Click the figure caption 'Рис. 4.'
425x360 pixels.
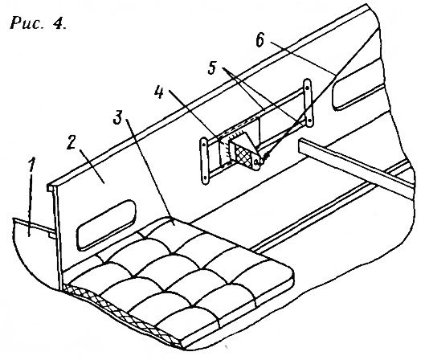[38, 22]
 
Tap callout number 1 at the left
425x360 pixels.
[32, 165]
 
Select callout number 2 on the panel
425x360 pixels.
[72, 141]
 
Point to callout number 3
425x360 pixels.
[117, 117]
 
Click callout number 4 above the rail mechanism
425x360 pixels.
[159, 92]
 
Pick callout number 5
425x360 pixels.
[212, 67]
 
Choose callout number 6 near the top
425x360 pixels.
[259, 40]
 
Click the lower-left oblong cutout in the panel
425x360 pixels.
[106, 225]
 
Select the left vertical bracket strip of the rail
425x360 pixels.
[204, 161]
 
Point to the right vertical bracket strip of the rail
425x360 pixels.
[308, 103]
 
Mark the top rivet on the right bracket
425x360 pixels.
[307, 88]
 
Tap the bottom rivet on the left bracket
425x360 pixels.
[205, 178]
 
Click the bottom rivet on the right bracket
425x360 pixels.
[309, 119]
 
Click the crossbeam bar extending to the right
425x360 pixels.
[355, 168]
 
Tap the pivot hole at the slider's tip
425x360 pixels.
[256, 162]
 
